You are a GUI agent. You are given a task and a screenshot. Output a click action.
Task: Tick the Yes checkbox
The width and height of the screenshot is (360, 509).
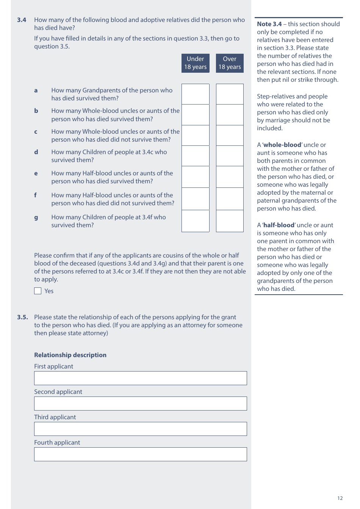(x=38, y=291)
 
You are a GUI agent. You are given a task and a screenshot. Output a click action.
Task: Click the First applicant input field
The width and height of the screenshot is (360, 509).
(x=140, y=378)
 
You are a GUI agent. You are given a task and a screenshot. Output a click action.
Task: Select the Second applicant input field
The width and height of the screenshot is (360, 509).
(x=140, y=404)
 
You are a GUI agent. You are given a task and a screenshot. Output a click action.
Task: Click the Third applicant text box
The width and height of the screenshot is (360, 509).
(x=140, y=429)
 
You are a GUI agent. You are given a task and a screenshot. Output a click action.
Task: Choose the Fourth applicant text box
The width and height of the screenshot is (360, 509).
(x=140, y=454)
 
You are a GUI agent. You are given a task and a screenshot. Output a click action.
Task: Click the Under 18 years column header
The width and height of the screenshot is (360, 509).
(x=196, y=63)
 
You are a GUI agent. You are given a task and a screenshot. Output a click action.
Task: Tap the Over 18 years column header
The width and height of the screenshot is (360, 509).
(x=230, y=63)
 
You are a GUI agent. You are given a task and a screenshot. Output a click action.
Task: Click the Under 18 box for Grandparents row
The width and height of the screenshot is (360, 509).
(x=196, y=94)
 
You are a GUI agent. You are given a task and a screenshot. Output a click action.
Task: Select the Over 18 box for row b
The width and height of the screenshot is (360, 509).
(x=230, y=115)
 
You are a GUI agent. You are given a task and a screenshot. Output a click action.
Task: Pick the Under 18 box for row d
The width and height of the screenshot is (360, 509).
(x=196, y=156)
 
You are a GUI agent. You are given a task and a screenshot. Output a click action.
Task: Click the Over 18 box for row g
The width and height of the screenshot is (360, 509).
(x=230, y=221)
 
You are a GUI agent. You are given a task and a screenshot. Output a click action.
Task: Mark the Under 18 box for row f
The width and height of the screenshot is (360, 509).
(x=196, y=199)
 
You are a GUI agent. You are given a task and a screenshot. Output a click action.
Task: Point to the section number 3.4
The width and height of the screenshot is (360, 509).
(x=22, y=20)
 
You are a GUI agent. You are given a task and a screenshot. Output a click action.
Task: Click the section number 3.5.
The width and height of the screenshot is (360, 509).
(x=22, y=317)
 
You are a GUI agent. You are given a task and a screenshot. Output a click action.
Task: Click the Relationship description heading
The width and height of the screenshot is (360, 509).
(x=70, y=355)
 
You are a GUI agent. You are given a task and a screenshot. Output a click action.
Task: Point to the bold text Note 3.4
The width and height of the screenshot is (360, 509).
(x=269, y=24)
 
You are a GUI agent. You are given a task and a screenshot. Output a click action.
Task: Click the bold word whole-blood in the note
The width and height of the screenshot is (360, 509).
(x=282, y=145)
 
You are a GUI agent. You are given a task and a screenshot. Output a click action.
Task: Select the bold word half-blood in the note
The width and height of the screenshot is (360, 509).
(x=279, y=225)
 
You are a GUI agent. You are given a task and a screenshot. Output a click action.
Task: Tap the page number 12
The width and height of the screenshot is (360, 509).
(x=340, y=498)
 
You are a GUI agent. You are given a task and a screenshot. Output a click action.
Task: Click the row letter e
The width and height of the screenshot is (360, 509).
(x=36, y=173)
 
